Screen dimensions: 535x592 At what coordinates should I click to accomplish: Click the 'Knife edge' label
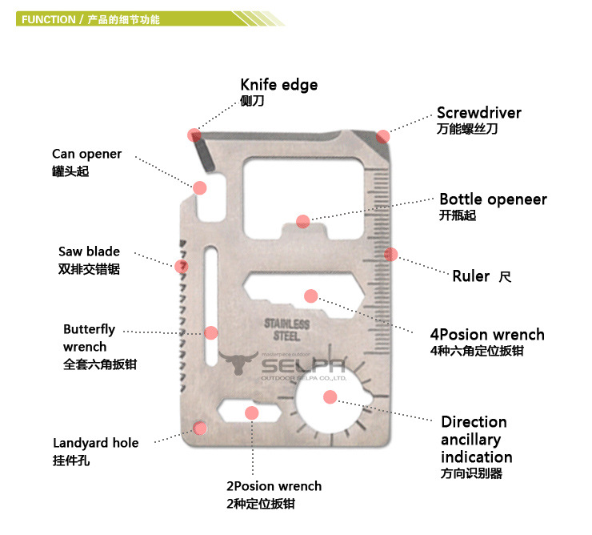(x=278, y=85)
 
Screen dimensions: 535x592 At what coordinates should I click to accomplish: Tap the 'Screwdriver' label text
(x=478, y=113)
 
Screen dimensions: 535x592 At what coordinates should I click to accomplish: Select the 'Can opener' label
(x=86, y=154)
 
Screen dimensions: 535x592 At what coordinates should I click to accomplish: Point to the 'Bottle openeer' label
(x=493, y=199)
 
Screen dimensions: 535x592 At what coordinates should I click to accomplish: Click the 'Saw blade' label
(x=89, y=251)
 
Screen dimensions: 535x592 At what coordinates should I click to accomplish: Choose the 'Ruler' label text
(x=470, y=276)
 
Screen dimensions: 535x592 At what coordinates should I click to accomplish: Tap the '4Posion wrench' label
(x=486, y=335)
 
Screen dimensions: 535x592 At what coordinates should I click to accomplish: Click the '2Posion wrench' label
(x=274, y=486)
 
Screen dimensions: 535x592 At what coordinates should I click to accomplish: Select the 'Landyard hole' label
(x=95, y=443)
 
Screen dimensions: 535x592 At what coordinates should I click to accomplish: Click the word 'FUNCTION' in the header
(x=49, y=19)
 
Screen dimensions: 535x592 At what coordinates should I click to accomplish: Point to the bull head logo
(x=237, y=365)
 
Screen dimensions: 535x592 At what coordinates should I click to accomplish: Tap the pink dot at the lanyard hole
(x=200, y=428)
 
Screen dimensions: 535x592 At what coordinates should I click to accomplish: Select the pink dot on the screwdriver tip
(x=383, y=135)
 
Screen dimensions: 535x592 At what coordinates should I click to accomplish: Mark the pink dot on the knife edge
(x=194, y=135)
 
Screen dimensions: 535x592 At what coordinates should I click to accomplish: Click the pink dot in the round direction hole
(x=330, y=396)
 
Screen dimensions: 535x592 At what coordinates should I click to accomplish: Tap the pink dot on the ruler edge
(x=390, y=254)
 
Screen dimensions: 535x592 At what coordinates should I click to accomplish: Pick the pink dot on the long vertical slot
(x=211, y=332)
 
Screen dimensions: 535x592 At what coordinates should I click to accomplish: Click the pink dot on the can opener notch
(x=200, y=187)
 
